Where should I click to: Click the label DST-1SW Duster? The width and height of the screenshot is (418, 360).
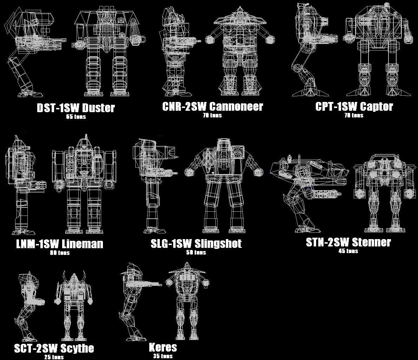[x=76, y=108]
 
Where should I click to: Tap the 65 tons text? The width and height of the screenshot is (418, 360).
[x=76, y=117]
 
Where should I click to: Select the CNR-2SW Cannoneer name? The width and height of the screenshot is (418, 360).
[x=213, y=107]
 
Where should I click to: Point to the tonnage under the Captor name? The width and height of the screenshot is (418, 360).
[x=354, y=115]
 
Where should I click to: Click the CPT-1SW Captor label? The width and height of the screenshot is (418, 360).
[x=354, y=107]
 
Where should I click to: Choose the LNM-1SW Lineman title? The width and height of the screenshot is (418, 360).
[x=60, y=244]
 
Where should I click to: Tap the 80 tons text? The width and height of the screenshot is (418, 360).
[x=59, y=252]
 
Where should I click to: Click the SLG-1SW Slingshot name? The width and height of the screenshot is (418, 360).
[x=196, y=243]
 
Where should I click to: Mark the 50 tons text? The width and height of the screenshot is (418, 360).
[x=196, y=252]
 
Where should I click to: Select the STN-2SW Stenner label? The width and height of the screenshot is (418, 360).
[x=348, y=242]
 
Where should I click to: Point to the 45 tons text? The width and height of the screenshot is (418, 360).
[x=348, y=251]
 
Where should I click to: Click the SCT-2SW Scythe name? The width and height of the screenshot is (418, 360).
[x=54, y=348]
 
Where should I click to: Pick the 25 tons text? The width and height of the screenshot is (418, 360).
[x=54, y=357]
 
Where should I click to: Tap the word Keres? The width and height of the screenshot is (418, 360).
[x=163, y=348]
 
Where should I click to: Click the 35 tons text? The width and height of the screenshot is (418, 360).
[x=162, y=356]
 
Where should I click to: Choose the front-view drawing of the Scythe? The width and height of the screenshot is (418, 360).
[x=74, y=304]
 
